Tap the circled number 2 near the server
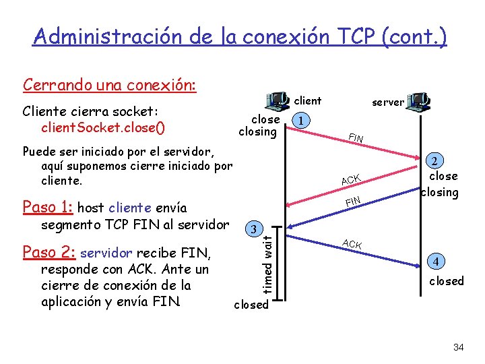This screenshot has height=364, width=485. [x=435, y=162]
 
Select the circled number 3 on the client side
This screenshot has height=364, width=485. [x=253, y=229]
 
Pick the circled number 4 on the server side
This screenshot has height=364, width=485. [x=437, y=261]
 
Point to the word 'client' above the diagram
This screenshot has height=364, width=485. [x=308, y=100]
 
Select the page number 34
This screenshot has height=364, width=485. [x=459, y=347]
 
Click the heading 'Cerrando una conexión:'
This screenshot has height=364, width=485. [x=109, y=86]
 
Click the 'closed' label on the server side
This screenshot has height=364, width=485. [x=447, y=281]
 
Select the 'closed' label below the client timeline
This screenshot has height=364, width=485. [x=251, y=305]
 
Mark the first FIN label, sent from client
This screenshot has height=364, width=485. [x=355, y=139]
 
